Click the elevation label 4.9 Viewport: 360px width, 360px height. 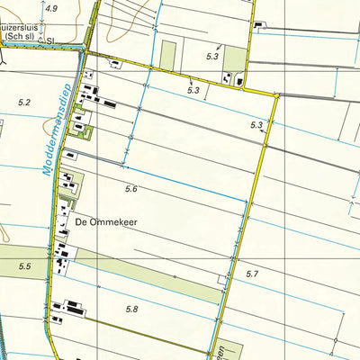coord(49,8)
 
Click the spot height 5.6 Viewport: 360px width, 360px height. coord(131,188)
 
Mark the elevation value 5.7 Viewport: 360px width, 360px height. coord(251,274)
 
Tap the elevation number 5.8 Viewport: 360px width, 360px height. coord(132,310)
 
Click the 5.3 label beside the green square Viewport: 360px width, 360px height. coord(212,57)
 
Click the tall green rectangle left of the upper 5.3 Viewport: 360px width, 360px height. coord(168,54)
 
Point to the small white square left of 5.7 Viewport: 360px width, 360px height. coord(221,280)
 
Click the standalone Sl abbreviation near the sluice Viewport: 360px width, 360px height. coord(50,40)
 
